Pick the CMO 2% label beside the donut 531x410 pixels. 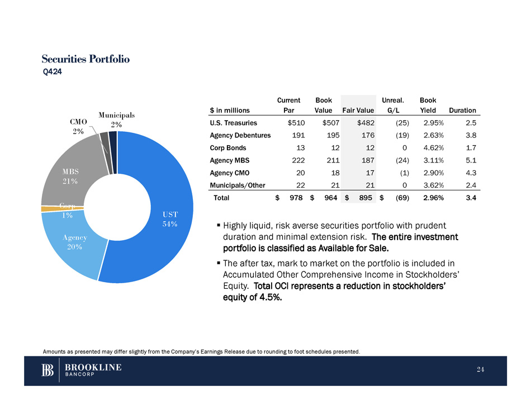pos(78,126)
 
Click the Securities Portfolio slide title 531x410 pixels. pos(86,59)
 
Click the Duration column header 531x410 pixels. pos(462,111)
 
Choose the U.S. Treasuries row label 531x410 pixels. pos(234,123)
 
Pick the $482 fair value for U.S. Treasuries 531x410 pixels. pos(366,123)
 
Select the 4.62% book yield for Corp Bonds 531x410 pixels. pos(434,148)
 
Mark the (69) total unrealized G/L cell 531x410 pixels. pos(401,198)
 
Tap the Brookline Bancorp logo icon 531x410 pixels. pos(48,371)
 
